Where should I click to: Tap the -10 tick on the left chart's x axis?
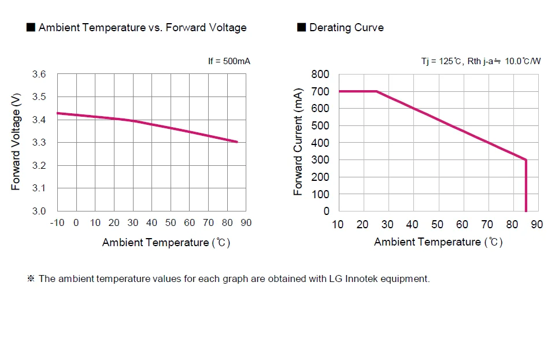(57, 223)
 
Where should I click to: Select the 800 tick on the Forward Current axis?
(320, 74)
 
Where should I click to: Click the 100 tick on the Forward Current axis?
(320, 194)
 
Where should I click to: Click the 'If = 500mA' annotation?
(229, 61)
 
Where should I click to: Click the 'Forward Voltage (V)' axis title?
(16, 142)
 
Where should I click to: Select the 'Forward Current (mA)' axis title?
(298, 142)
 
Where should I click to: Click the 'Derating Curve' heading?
(346, 28)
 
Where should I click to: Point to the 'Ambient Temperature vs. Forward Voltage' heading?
(142, 28)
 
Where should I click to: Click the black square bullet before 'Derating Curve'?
(301, 27)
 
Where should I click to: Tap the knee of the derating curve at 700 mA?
(376, 91)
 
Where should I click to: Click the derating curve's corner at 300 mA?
(526, 160)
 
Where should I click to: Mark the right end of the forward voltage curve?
(237, 142)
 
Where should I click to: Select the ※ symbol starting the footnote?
(31, 279)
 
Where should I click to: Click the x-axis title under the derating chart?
(438, 242)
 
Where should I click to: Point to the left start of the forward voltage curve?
(58, 113)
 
